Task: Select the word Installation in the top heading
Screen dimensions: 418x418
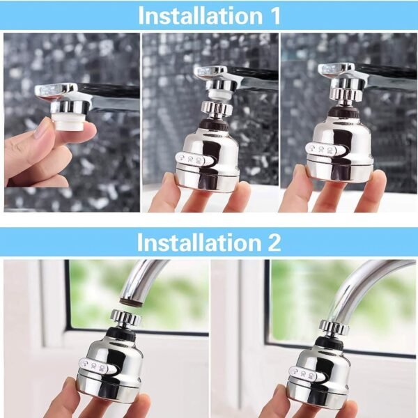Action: click(197, 15)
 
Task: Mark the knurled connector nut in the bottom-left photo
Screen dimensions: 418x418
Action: click(125, 318)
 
